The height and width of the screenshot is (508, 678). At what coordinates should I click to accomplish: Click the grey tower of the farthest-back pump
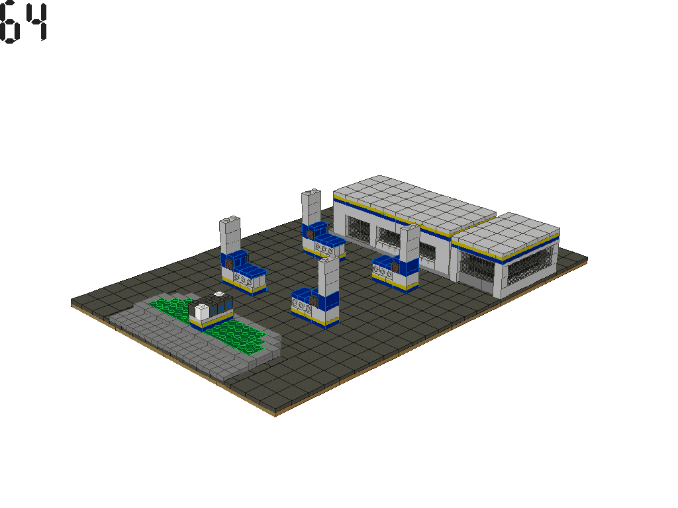click(x=311, y=208)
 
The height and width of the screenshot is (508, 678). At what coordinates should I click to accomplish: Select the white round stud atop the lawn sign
click(x=218, y=294)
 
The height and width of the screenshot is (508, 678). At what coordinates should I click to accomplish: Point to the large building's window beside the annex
click(x=430, y=251)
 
